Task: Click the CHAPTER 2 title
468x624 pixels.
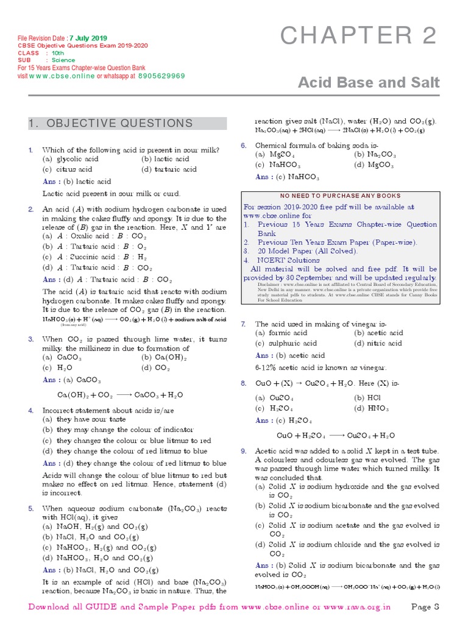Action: [x=359, y=37]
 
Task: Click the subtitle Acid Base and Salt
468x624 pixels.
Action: [x=368, y=82]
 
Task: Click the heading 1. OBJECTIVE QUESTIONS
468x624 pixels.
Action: [x=110, y=124]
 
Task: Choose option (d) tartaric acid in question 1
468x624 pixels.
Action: [x=169, y=169]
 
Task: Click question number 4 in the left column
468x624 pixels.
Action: [x=30, y=411]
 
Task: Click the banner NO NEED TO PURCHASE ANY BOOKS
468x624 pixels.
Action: [x=341, y=196]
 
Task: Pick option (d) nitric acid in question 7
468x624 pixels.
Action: [x=378, y=344]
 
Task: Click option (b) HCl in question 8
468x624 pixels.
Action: [x=372, y=398]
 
